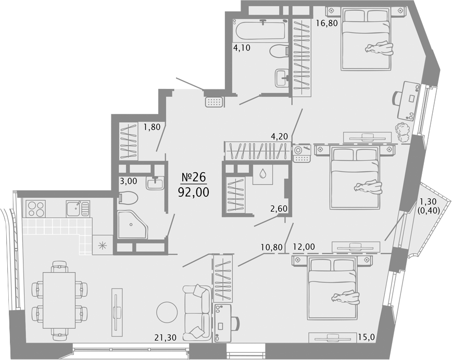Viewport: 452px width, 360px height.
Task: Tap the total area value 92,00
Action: pyautogui.click(x=193, y=192)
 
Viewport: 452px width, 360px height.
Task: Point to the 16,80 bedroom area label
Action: pyautogui.click(x=327, y=23)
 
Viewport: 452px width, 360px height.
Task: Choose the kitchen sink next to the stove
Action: pyautogui.click(x=78, y=209)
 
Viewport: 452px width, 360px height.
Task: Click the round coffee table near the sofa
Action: pyautogui.click(x=167, y=312)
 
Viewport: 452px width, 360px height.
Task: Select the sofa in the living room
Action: pyautogui.click(x=197, y=313)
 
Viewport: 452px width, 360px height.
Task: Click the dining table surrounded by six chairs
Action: pyautogui.click(x=59, y=300)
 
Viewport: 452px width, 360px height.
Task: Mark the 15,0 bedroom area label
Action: pyautogui.click(x=367, y=337)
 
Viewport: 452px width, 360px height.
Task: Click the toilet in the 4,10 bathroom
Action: pyautogui.click(x=279, y=51)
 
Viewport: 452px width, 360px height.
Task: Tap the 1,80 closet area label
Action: pyautogui.click(x=152, y=127)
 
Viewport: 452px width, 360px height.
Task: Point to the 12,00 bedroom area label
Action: pyautogui.click(x=304, y=247)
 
